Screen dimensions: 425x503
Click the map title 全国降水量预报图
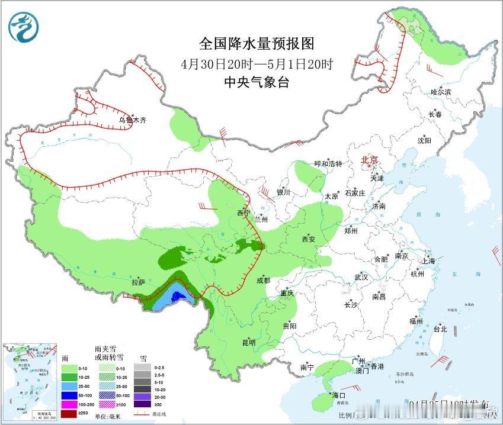(256, 44)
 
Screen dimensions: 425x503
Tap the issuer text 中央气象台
(257, 82)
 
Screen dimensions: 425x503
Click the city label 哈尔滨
(441, 92)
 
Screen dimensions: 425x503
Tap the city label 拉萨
(138, 282)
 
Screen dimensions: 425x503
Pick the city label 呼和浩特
(328, 164)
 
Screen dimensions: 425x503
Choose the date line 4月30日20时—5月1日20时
(256, 64)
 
